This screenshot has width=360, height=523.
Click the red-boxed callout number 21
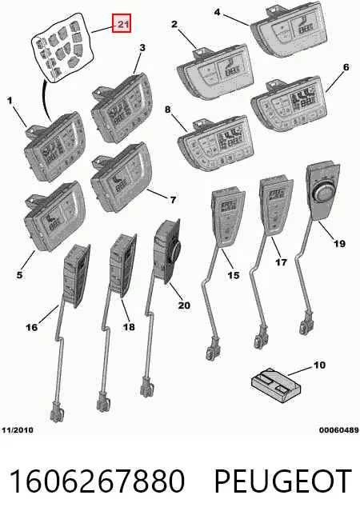122,24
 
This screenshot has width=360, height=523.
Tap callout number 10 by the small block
319,365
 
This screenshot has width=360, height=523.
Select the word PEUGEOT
283,481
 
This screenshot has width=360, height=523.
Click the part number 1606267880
97,481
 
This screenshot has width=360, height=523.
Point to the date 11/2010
18,430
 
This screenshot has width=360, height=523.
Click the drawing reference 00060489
339,430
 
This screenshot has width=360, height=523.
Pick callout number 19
340,244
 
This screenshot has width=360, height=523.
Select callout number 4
218,12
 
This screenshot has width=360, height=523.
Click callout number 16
32,327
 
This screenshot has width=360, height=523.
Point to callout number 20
184,305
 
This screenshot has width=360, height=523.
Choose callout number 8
167,109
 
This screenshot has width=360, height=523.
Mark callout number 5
20,274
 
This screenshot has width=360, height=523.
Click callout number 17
282,262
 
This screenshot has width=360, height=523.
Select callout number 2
174,24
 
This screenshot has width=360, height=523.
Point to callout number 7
173,200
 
